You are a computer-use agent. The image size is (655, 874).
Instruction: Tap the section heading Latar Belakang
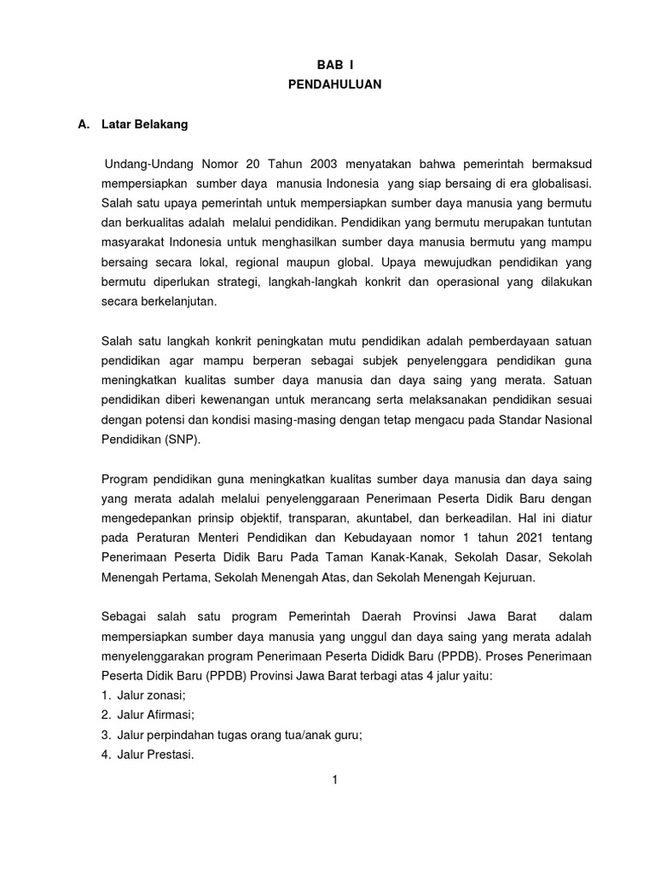(144, 125)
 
